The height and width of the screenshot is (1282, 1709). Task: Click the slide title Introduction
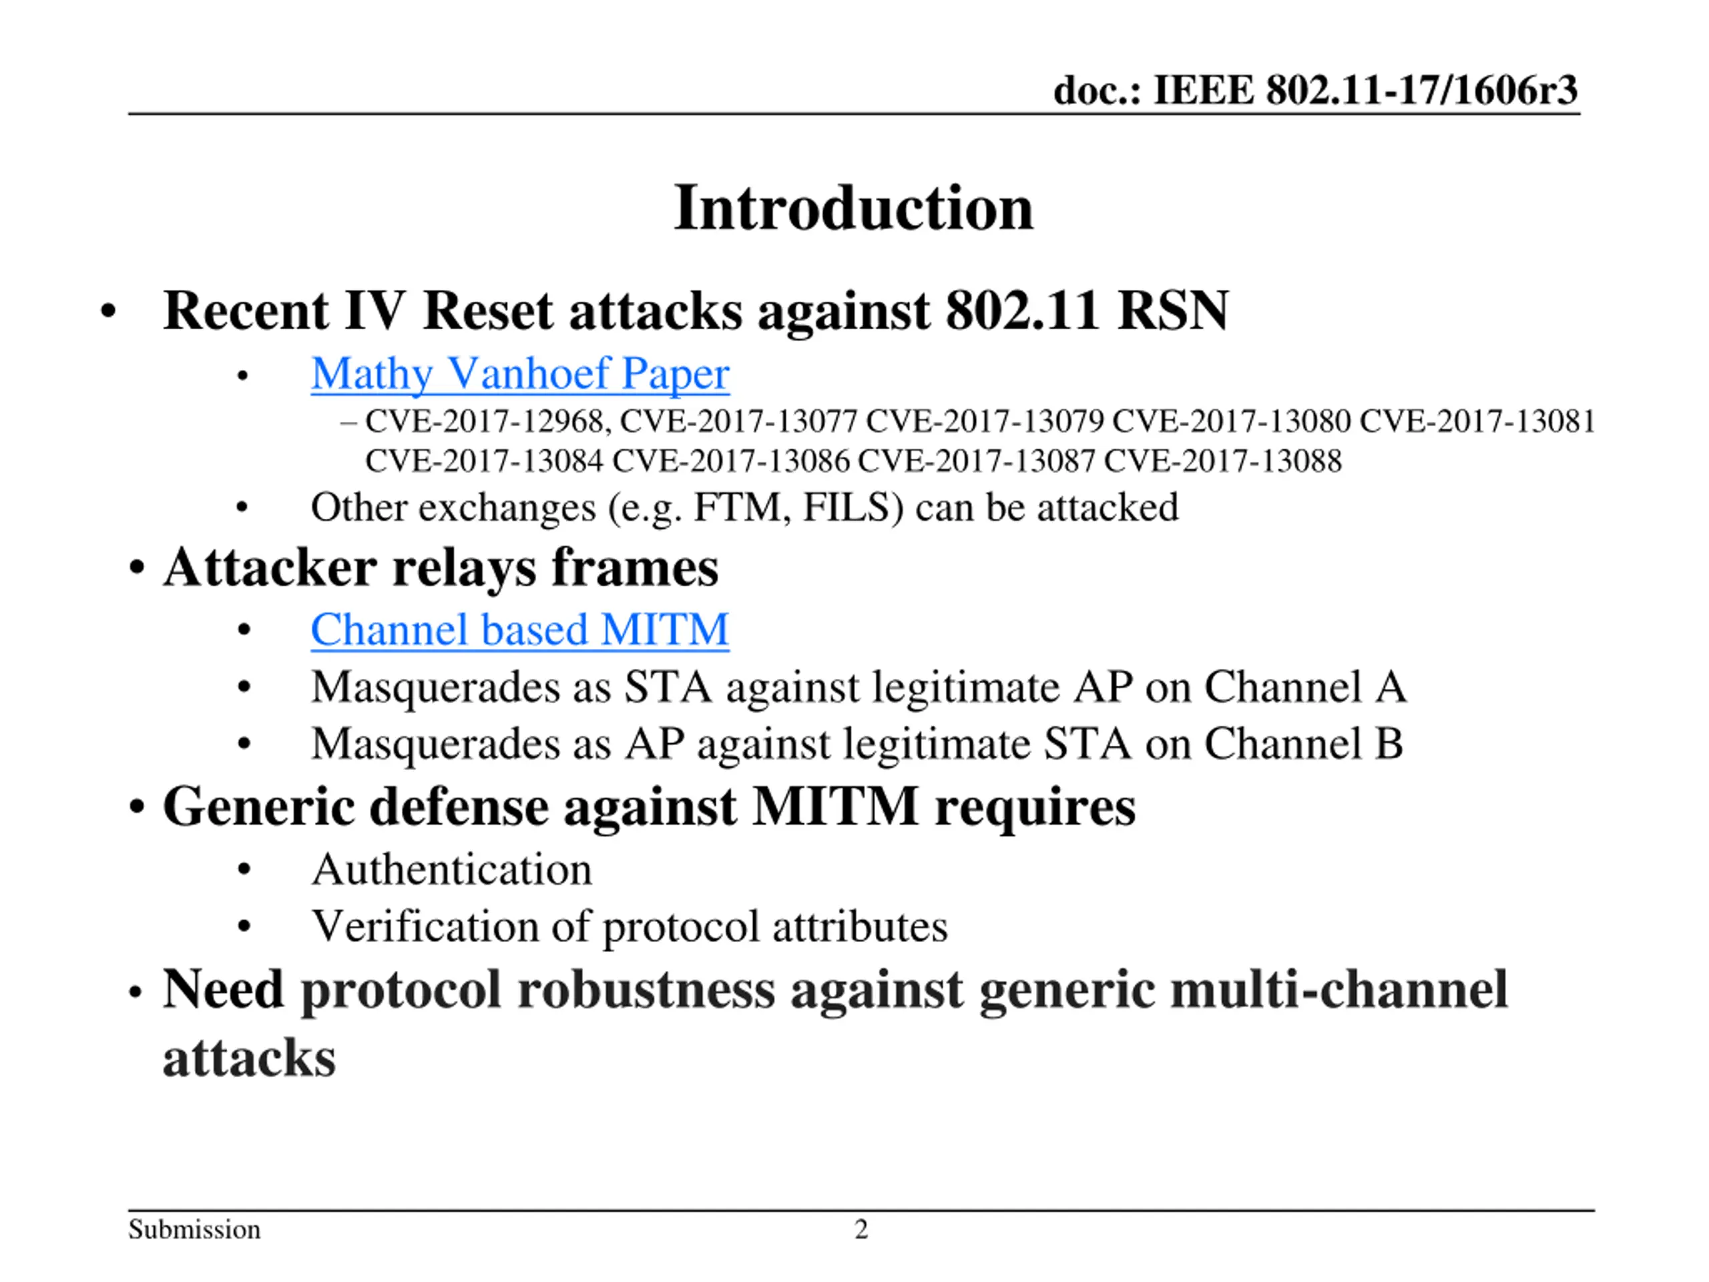click(x=853, y=208)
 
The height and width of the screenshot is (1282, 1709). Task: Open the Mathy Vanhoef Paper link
click(x=520, y=374)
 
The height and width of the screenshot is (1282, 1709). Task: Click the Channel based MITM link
click(x=520, y=629)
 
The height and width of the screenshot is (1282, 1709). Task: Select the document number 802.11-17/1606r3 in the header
click(x=1421, y=90)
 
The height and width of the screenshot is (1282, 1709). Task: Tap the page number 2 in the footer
click(x=861, y=1229)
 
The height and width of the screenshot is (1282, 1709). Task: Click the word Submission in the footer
click(x=194, y=1229)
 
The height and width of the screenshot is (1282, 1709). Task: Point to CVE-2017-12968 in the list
click(x=486, y=422)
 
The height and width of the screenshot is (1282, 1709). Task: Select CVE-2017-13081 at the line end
click(x=1477, y=422)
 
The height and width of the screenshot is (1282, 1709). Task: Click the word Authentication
click(x=452, y=869)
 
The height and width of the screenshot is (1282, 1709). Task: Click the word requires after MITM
click(x=1035, y=807)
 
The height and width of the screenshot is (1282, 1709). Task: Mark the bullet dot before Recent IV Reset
click(x=108, y=312)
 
